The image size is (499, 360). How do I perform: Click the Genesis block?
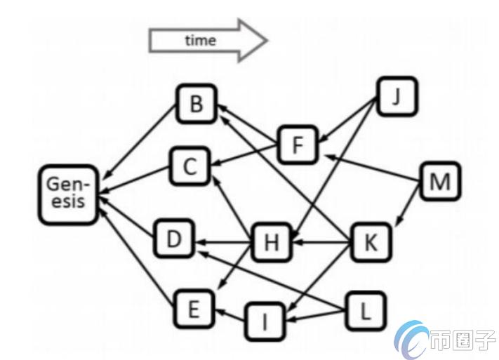click(67, 195)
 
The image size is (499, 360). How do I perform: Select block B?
click(197, 104)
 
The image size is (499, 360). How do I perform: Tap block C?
click(190, 166)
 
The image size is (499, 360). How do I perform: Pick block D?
click(174, 239)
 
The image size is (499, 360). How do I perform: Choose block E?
click(194, 309)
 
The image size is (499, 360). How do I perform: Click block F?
click(298, 145)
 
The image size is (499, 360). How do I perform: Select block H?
click(271, 243)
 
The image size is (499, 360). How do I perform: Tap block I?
click(265, 321)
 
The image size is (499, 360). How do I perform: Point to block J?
click(397, 96)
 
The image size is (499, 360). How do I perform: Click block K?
click(371, 243)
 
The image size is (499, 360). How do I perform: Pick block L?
click(366, 311)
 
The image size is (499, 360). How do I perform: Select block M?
click(440, 181)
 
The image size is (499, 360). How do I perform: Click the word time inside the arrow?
click(201, 41)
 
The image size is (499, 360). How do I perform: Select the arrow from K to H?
click(321, 243)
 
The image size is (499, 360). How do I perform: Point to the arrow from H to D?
click(222, 243)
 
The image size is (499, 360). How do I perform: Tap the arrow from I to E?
click(229, 314)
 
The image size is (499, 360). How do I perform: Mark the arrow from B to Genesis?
click(141, 141)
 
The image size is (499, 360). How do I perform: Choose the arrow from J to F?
click(347, 120)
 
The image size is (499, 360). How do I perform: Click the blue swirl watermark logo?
click(411, 340)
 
